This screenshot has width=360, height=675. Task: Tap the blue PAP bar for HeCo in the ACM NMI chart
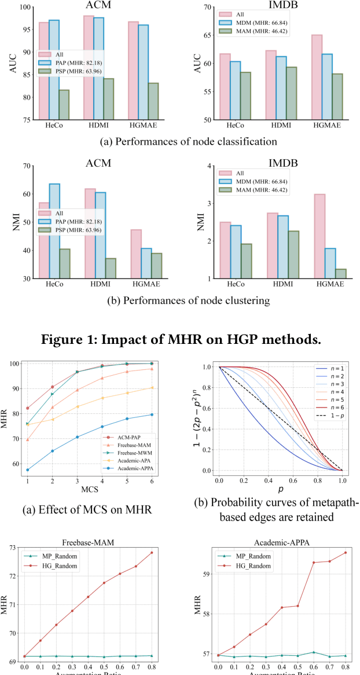pos(54,231)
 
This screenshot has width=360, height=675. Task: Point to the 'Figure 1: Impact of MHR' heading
pos(181,340)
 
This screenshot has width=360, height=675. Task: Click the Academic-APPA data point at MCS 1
pos(27,470)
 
